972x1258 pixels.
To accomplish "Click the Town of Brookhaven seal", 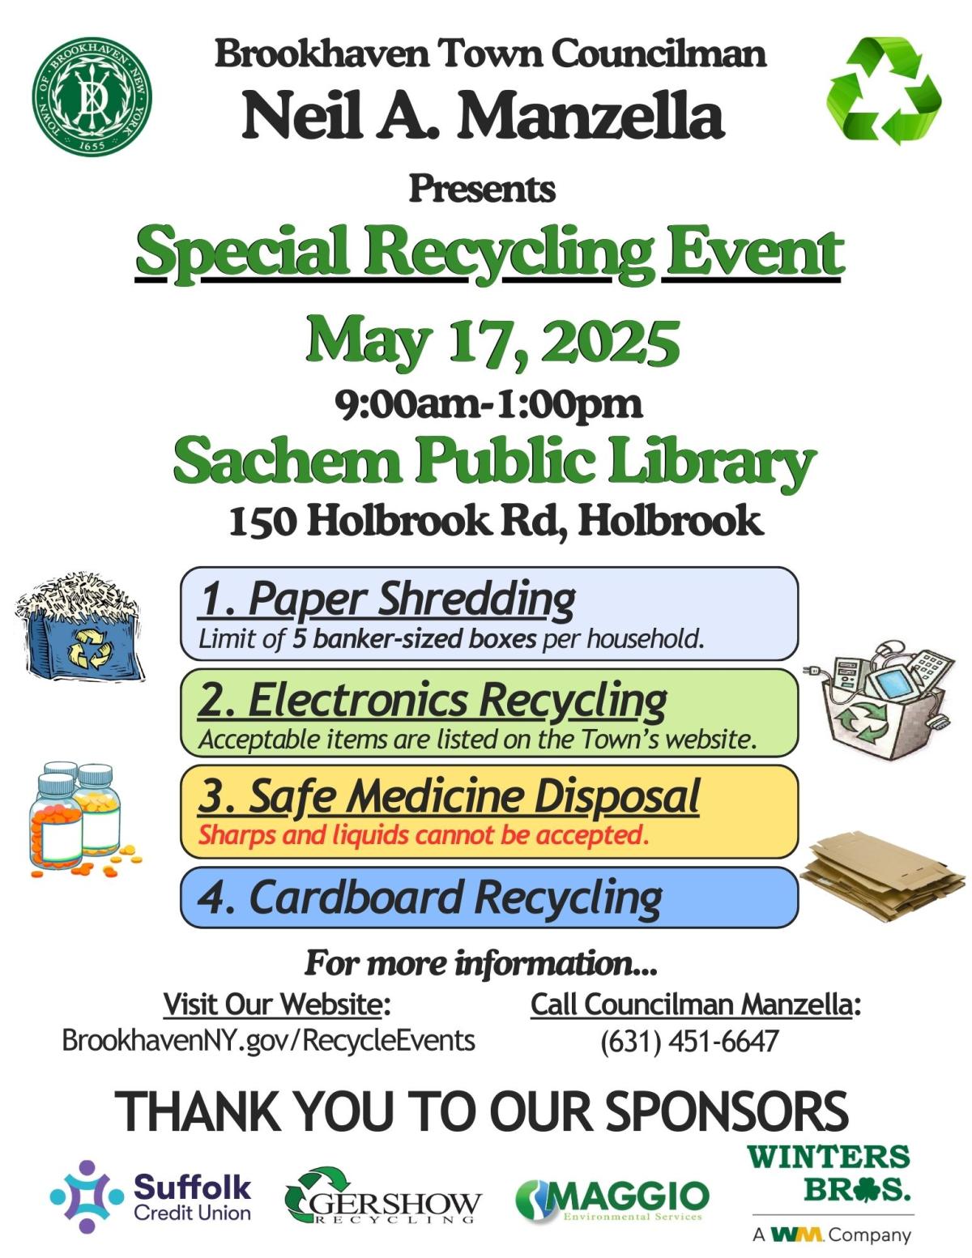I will point(92,96).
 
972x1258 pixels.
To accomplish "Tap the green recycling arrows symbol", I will point(885,90).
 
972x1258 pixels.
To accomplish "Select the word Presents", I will point(482,189).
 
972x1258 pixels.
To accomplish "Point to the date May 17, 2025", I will point(492,341).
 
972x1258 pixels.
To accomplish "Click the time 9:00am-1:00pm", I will point(489,403).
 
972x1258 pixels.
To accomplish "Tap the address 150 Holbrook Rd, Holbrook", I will point(496,521).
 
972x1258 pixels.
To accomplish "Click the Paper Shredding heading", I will point(387,599).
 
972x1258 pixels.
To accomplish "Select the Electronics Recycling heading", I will point(433,699).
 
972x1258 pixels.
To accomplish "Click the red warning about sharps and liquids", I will point(424,834).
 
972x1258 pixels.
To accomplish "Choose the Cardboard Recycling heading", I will point(430,898).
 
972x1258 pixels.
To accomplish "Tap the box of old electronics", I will point(880,698).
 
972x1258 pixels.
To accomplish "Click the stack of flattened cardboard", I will point(883,877).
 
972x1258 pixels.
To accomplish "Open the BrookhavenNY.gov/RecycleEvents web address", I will point(268,1040).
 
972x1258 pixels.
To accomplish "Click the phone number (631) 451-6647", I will point(689,1041).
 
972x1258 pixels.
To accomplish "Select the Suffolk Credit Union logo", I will point(151,1196).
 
